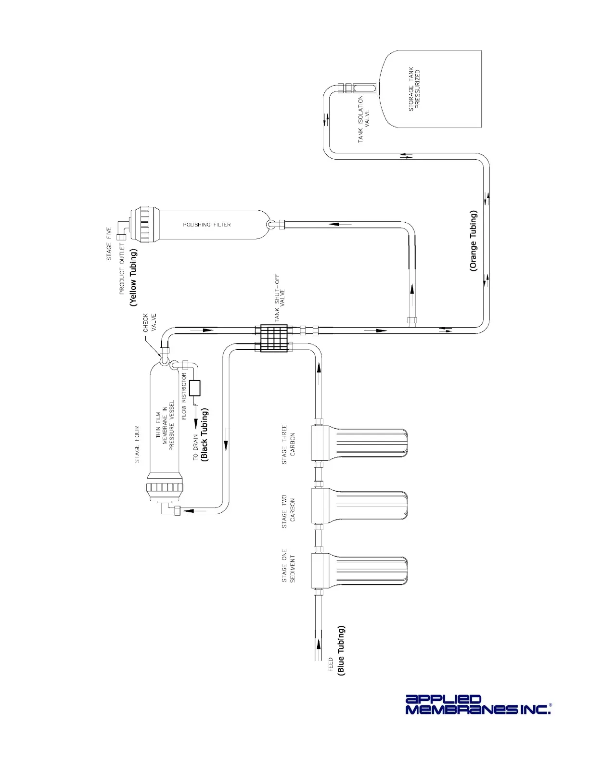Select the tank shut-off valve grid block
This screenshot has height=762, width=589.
point(274,338)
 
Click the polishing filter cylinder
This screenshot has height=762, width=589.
point(207,224)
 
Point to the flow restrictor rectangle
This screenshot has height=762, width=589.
point(195,388)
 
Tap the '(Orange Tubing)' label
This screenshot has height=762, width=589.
point(474,241)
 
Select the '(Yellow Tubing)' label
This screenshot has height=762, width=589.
point(133,277)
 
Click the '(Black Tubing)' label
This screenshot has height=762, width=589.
point(205,435)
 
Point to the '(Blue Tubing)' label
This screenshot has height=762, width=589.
point(341,650)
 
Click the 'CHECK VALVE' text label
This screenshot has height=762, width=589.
point(149,323)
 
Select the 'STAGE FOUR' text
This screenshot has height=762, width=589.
point(137,444)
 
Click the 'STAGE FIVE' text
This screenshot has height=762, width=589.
point(109,244)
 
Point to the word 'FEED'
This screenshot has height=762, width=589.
point(331,664)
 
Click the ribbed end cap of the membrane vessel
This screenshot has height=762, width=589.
point(164,487)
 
